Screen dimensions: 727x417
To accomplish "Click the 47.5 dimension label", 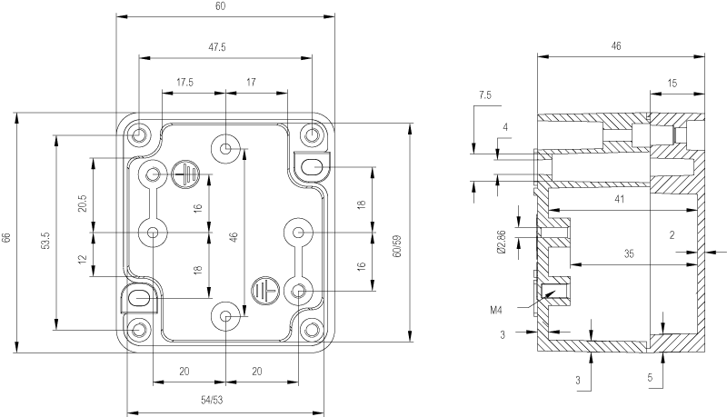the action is [x=217, y=47].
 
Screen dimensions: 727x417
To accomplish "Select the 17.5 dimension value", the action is [x=185, y=83].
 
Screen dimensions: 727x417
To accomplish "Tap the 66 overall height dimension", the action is [x=6, y=237].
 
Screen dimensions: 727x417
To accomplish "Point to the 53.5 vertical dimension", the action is [x=45, y=241].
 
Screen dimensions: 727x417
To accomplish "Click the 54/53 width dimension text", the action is [x=212, y=400].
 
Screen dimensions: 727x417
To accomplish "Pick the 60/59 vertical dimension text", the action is [x=397, y=246].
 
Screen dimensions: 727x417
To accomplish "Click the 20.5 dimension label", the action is [x=83, y=204].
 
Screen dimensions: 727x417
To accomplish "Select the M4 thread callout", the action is [x=496, y=310].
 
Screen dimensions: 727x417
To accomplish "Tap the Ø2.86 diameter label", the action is [x=501, y=242].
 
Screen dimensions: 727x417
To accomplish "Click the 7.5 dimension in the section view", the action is [x=485, y=95].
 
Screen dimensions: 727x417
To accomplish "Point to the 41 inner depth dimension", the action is [x=620, y=199].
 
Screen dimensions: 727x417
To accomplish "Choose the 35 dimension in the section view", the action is [x=629, y=253].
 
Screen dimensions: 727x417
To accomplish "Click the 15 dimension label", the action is [x=672, y=84].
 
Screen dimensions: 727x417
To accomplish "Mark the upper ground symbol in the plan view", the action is [x=185, y=174].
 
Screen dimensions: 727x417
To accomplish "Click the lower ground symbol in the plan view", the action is [x=264, y=291].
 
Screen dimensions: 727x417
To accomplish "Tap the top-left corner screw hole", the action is [x=139, y=135].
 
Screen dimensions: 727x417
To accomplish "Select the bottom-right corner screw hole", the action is [x=312, y=331].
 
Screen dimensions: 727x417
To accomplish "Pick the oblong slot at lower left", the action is [x=139, y=299].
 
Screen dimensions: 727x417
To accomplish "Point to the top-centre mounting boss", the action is [x=225, y=149].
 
